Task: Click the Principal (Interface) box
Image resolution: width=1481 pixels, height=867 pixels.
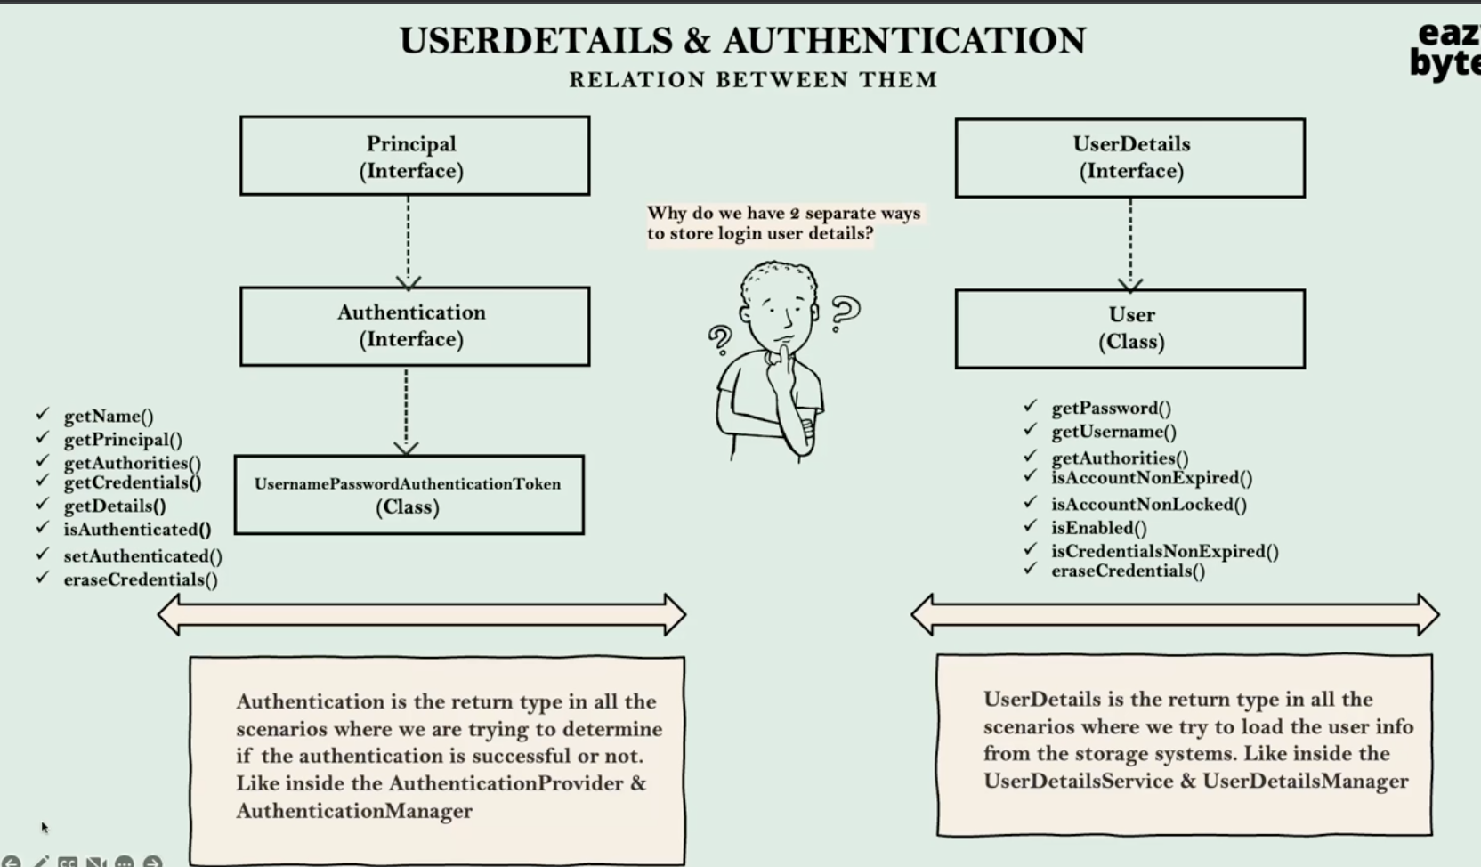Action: tap(414, 156)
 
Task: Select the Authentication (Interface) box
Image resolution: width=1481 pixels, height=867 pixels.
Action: tap(414, 326)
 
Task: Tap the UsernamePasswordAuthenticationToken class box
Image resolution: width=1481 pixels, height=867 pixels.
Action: tap(409, 495)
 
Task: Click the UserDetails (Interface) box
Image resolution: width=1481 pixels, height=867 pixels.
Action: tap(1129, 158)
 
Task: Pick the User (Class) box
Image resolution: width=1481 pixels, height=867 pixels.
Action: tap(1129, 328)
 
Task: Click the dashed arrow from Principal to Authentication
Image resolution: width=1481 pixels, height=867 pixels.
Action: tap(409, 241)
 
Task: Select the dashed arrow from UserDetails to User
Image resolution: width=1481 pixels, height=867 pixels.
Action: tap(1130, 243)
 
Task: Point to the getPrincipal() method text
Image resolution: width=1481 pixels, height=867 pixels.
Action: tap(123, 440)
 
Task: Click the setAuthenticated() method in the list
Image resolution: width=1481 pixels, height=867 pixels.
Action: tap(142, 556)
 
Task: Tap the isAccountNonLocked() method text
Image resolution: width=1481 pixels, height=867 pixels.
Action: tap(1148, 505)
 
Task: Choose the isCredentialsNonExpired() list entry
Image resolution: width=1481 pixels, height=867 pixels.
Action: tap(1164, 551)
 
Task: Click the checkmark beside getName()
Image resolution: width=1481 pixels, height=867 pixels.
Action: tap(42, 414)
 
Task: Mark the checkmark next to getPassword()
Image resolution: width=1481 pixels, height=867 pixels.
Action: tap(1030, 406)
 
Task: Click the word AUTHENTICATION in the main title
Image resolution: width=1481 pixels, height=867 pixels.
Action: tap(904, 41)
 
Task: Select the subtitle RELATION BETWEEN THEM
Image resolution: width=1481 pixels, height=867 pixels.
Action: tap(753, 80)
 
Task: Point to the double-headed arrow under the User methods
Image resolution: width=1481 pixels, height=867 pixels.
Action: tap(1175, 614)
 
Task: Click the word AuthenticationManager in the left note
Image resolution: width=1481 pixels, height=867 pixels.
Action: tap(354, 811)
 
